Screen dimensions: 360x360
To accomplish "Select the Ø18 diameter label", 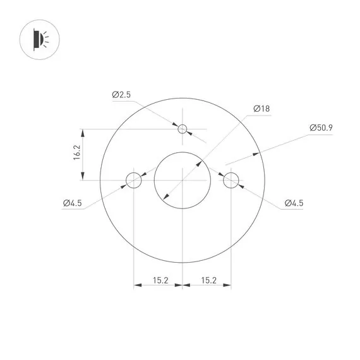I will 261,109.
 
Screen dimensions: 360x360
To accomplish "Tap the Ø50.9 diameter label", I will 321,128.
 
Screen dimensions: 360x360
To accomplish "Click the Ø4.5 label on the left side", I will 73,203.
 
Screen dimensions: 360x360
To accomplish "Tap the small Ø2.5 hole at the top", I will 183,129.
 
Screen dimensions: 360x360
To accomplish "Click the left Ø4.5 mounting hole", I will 133,181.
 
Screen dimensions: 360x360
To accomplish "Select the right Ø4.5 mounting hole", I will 231,181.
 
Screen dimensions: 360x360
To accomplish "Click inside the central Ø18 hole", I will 182,181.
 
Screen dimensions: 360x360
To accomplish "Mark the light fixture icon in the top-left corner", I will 39,40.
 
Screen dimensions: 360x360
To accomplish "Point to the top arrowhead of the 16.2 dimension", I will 82,132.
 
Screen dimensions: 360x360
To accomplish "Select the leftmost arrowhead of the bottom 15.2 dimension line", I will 136,285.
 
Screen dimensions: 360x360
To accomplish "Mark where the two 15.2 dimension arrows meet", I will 182,285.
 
